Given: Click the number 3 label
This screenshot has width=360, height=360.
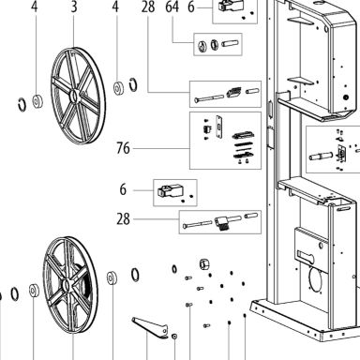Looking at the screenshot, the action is (x=74, y=7).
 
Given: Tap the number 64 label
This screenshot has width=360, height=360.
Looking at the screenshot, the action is (x=172, y=7).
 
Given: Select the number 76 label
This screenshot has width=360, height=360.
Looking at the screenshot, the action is (x=123, y=148).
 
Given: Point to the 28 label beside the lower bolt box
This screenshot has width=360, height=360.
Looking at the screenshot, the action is (x=123, y=219).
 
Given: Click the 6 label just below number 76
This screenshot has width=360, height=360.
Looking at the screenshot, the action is (x=123, y=189).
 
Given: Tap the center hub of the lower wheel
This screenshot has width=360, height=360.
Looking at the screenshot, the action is (x=67, y=286).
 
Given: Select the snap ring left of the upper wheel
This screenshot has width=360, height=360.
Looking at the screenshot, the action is (x=22, y=104).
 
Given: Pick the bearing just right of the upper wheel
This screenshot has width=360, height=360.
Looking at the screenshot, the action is (x=118, y=88).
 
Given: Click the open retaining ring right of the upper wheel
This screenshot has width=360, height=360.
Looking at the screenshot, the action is (x=133, y=84).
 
